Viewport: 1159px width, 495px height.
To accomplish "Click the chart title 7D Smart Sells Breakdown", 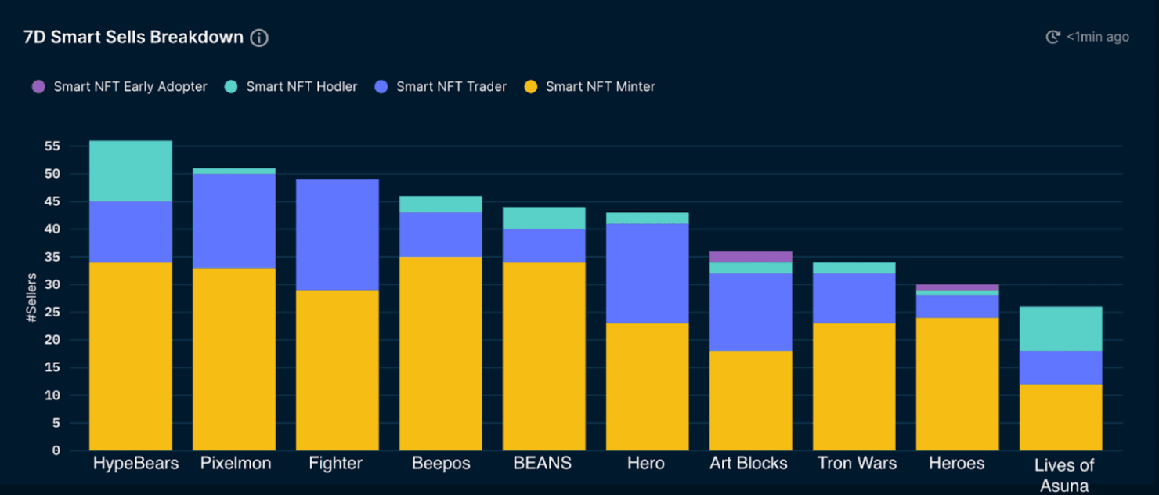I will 133,38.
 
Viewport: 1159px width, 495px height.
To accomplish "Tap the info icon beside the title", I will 259,38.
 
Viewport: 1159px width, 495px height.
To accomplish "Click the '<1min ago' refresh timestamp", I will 1097,37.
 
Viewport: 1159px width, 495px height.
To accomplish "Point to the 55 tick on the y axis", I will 52,146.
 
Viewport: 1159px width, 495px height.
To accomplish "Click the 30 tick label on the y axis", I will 52,285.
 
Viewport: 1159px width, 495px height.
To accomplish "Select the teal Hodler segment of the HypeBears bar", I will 131,171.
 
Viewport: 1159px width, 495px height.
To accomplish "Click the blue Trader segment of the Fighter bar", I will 338,235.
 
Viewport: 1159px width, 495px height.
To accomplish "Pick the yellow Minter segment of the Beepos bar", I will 441,353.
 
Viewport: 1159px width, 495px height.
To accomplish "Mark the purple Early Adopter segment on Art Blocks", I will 751,257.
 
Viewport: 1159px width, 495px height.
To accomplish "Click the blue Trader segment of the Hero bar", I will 648,273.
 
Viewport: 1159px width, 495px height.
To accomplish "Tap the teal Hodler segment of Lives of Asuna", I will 1061,328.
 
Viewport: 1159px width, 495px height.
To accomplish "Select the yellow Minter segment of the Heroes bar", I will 958,384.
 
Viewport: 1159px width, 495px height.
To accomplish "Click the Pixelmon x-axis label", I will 236,464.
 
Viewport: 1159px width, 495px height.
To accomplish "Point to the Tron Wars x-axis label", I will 857,464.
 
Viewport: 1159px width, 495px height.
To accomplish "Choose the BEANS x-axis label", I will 542,464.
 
